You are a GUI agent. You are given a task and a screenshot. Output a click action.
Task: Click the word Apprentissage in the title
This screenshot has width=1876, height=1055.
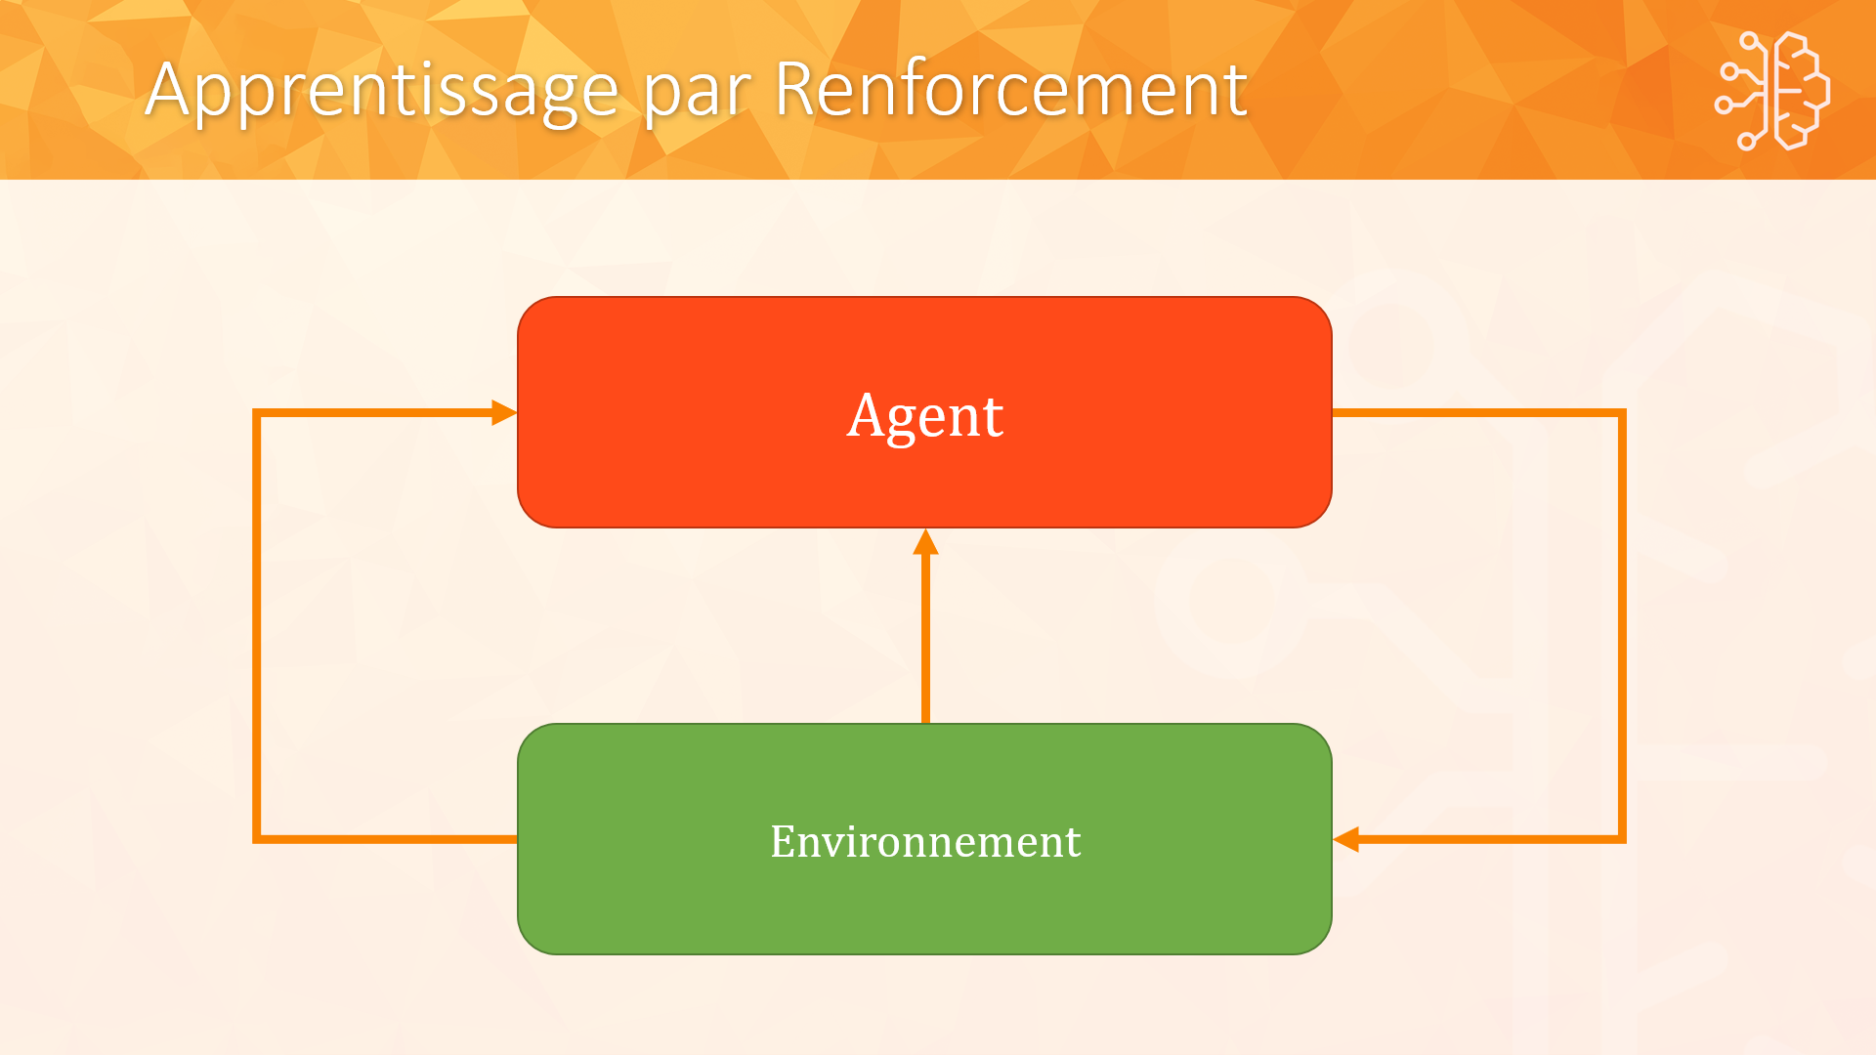pos(382,91)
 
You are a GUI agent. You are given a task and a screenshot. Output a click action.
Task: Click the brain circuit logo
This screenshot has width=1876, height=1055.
pos(1771,91)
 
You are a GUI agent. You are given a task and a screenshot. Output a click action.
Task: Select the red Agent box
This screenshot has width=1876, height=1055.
pos(924,412)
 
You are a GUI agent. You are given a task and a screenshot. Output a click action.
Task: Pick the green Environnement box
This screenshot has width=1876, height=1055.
pos(924,839)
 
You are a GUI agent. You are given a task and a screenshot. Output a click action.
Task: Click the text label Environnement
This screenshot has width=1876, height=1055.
pos(925,841)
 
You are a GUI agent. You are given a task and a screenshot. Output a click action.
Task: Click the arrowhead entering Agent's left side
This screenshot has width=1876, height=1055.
pos(504,412)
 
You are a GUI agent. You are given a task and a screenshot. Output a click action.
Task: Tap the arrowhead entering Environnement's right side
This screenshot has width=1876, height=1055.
pos(1345,839)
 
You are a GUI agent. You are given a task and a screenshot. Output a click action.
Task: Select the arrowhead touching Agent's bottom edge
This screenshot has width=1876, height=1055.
pos(925,542)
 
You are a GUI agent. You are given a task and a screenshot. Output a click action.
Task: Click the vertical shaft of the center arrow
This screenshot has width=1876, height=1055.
pos(925,639)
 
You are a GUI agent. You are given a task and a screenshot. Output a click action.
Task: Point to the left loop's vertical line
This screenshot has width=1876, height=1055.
pos(257,625)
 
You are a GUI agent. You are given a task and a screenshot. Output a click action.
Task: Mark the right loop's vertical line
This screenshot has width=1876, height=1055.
pos(1622,625)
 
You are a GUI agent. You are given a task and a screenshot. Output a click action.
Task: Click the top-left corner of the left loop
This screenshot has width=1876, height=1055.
pos(257,413)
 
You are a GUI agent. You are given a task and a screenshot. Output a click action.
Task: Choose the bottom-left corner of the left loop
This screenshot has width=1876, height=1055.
pos(257,838)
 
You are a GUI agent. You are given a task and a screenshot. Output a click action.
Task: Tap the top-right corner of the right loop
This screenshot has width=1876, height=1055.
pos(1622,413)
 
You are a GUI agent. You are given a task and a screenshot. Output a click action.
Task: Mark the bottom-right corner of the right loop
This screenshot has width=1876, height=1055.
pos(1622,838)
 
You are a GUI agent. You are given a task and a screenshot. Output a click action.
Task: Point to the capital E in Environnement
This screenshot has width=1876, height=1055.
pos(784,841)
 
